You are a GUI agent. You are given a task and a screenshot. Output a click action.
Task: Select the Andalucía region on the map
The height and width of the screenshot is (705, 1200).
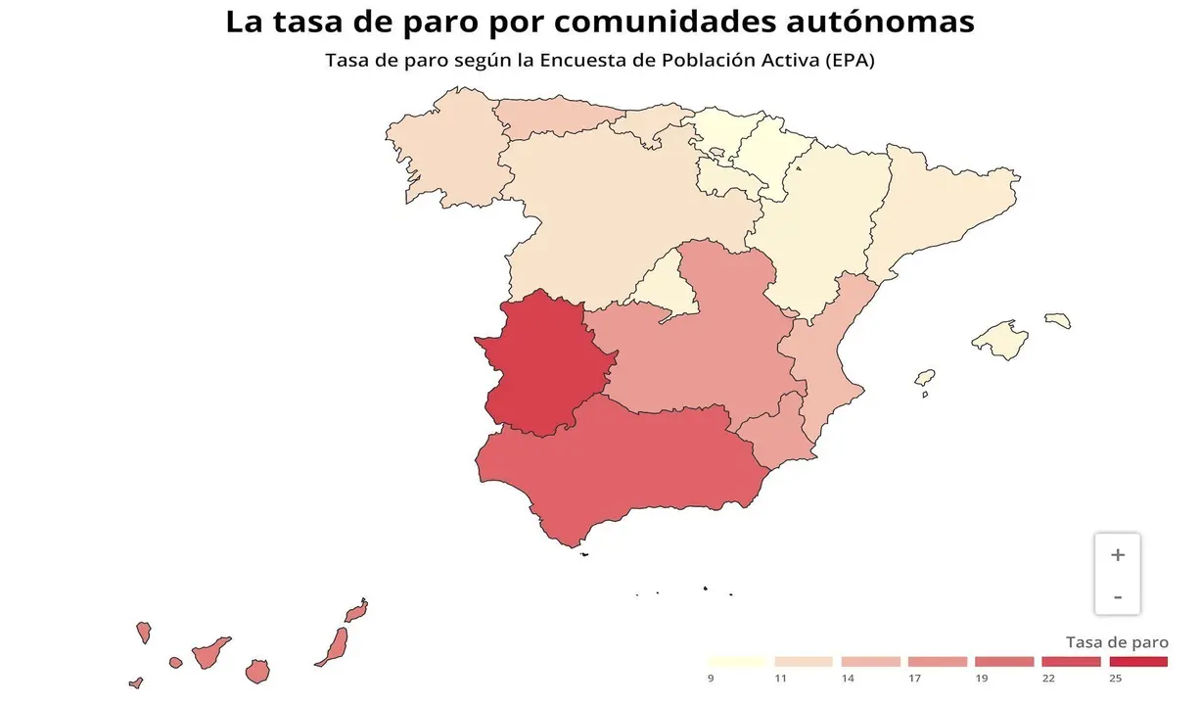(626, 465)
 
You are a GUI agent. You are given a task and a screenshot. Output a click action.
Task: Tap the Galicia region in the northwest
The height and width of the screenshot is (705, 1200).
(445, 157)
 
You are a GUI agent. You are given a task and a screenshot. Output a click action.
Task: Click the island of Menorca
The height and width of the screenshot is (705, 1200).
(1058, 320)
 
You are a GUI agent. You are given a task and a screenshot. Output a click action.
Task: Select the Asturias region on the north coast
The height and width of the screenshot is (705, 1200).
(553, 120)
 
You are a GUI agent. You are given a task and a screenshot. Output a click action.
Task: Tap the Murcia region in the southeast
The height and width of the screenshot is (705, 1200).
(773, 436)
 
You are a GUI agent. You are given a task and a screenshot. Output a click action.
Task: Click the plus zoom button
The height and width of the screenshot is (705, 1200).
(1118, 555)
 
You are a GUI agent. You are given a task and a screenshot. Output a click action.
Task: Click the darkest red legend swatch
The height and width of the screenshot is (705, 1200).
(1139, 662)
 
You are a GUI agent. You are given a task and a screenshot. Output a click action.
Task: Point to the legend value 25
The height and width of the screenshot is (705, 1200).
(1115, 678)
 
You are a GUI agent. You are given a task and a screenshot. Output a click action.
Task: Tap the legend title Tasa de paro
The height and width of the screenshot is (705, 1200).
(1117, 642)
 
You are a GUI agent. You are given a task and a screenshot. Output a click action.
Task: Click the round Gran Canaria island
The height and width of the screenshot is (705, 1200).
(257, 672)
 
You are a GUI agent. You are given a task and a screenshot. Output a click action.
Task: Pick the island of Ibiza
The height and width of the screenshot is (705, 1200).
(924, 377)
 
